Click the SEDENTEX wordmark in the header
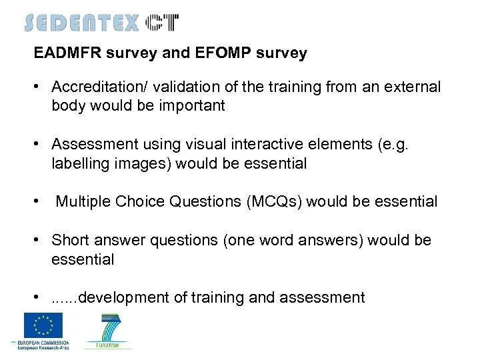81,23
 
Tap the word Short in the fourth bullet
69,240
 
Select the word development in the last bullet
124,297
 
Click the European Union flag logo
43,325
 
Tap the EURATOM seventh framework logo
107,331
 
